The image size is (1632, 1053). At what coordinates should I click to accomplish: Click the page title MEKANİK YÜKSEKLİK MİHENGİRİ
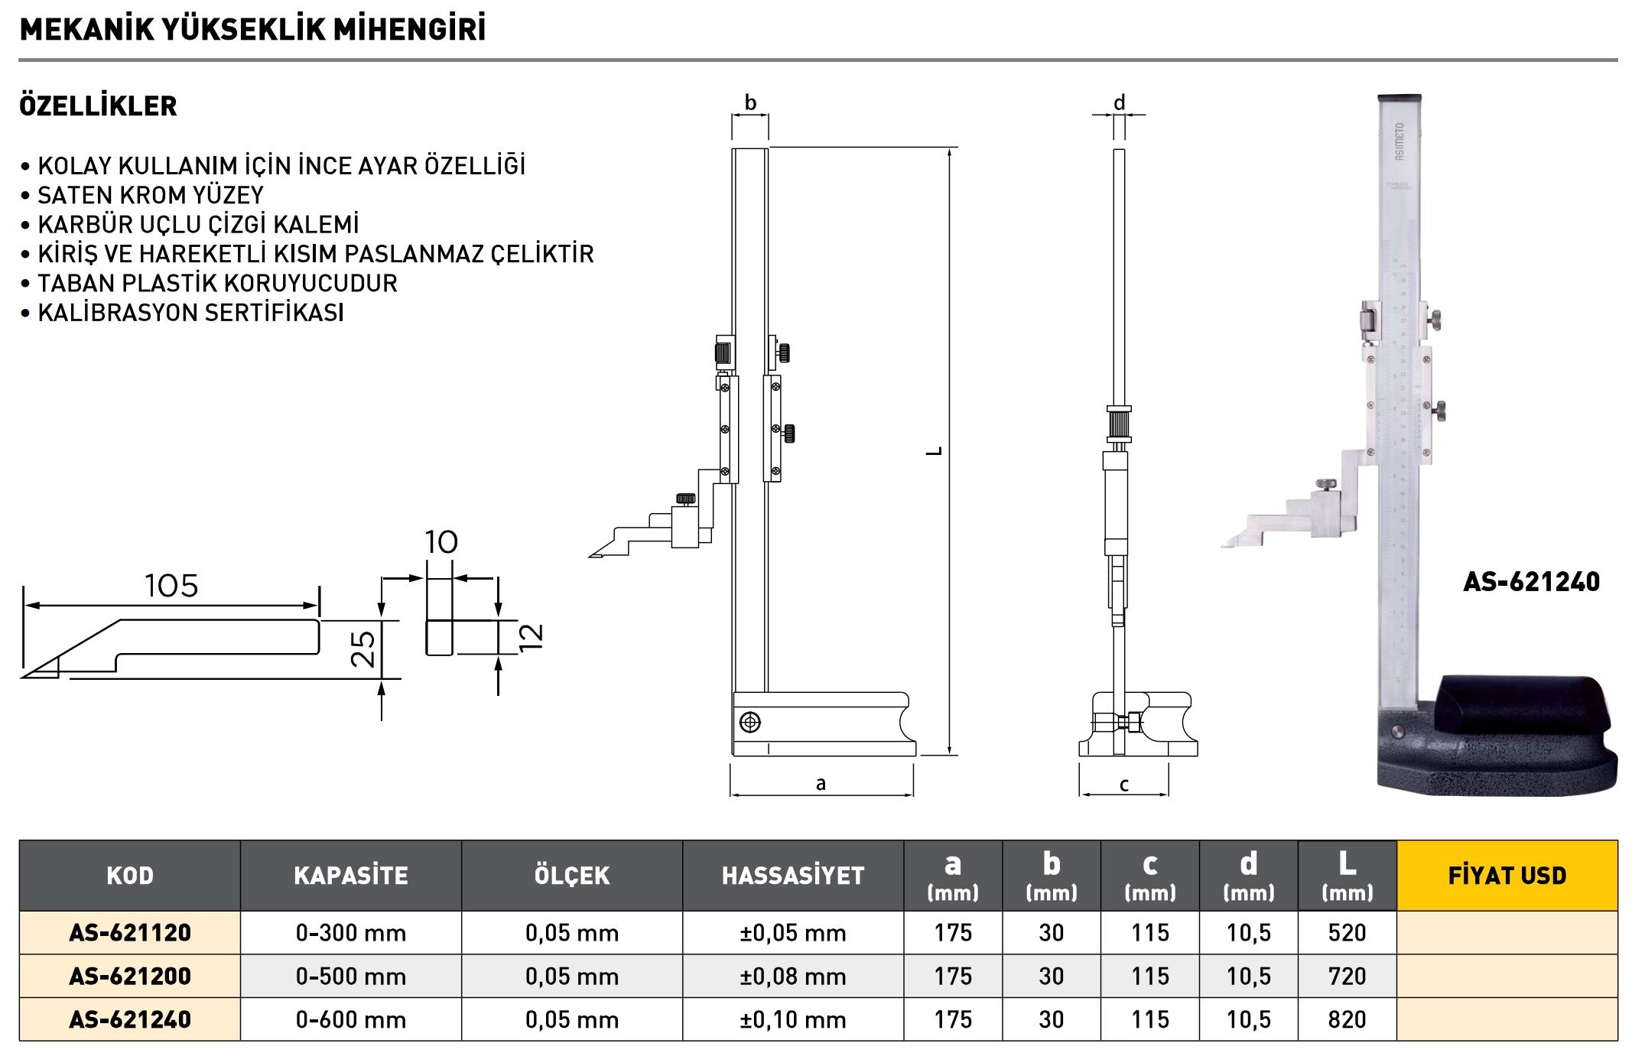click(x=252, y=29)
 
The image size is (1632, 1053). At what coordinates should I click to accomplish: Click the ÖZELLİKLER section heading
click(x=98, y=106)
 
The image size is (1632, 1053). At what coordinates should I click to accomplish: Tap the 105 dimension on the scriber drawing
click(x=171, y=586)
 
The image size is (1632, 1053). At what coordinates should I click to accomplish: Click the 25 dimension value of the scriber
click(x=365, y=648)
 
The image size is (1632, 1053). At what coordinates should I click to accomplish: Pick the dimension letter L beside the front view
click(x=934, y=451)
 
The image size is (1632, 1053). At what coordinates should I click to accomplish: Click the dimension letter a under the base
click(x=821, y=783)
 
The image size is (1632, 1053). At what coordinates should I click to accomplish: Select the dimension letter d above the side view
click(x=1119, y=102)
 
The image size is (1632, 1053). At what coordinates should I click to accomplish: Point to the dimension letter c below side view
click(x=1124, y=785)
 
